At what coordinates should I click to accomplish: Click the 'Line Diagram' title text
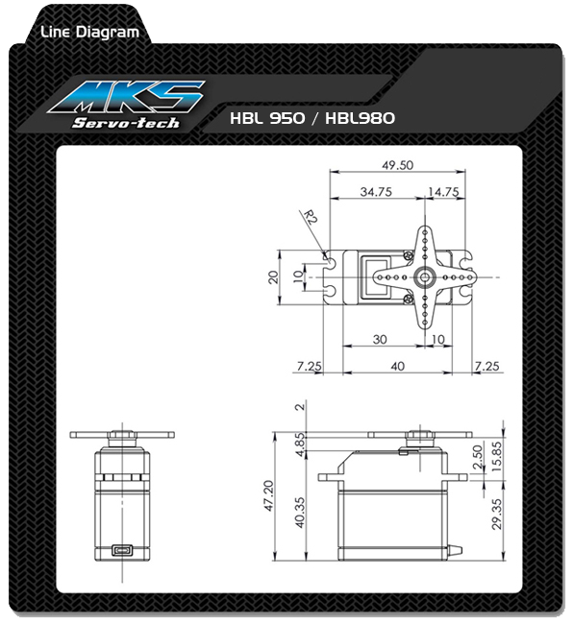point(89,33)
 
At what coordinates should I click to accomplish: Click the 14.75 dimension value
point(443,192)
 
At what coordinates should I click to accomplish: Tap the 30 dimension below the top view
point(380,340)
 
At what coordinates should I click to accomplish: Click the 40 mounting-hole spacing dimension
point(398,366)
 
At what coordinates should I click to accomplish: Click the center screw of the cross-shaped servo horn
point(422,276)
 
